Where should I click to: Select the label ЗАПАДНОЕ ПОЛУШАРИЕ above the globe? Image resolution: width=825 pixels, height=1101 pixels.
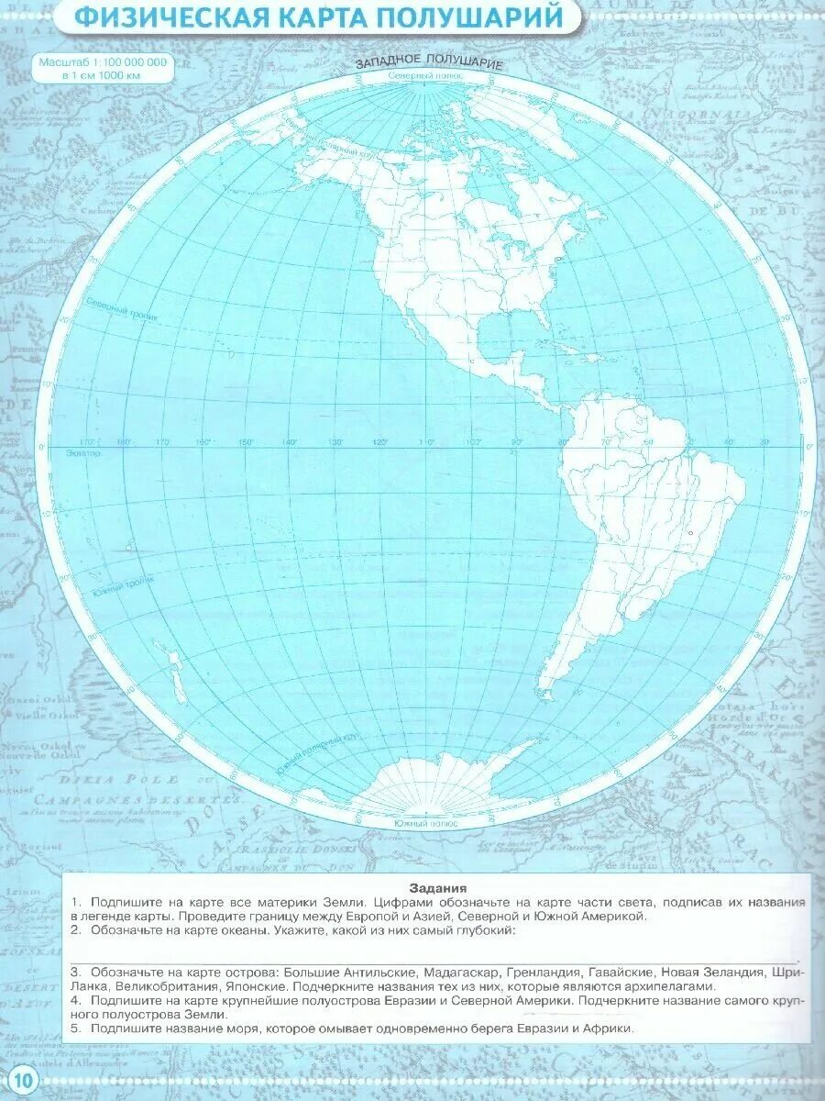click(429, 63)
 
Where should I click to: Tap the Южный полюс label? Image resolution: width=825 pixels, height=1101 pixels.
click(425, 823)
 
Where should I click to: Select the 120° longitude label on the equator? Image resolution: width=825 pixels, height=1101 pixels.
click(378, 442)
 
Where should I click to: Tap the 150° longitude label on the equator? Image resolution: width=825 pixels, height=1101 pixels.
click(246, 442)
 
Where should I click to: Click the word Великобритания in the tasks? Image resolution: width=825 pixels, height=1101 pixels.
click(165, 986)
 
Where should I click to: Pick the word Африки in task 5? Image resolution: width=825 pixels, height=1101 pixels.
click(610, 1029)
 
